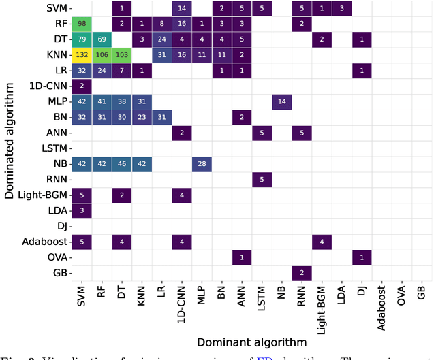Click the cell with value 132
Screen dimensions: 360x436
coord(82,54)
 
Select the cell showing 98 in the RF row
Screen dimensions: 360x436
coord(82,24)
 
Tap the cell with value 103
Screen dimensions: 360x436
coord(121,54)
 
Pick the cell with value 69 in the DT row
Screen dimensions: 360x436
coord(102,39)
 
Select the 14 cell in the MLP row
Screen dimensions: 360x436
coord(281,101)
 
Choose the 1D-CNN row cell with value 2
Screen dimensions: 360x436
coord(82,85)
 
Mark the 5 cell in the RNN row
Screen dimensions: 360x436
coord(262,178)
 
